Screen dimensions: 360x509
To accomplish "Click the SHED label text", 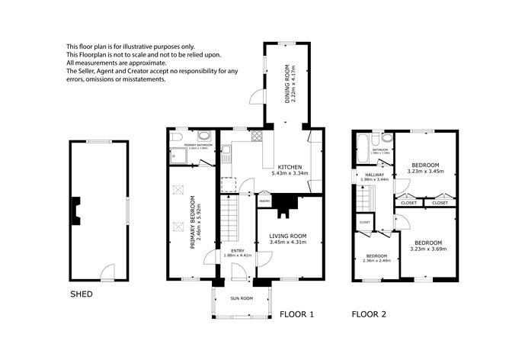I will tap(82, 293).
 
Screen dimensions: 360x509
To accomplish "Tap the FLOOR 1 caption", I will tap(296, 313).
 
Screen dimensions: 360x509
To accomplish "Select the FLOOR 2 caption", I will tap(369, 313).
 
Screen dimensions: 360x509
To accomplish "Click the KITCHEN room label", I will tap(290, 167).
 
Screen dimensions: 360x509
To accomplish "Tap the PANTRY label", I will tap(264, 201).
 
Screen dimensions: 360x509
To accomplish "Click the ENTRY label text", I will tap(237, 249).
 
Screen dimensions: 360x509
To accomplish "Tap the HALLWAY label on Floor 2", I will tap(374, 175).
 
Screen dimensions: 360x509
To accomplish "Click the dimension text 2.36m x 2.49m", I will tap(376, 261).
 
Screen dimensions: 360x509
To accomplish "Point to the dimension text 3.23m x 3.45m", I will tap(425, 172).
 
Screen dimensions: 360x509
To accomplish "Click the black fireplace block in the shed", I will tap(76, 210).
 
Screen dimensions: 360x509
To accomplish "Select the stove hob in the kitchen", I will tap(257, 138).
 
